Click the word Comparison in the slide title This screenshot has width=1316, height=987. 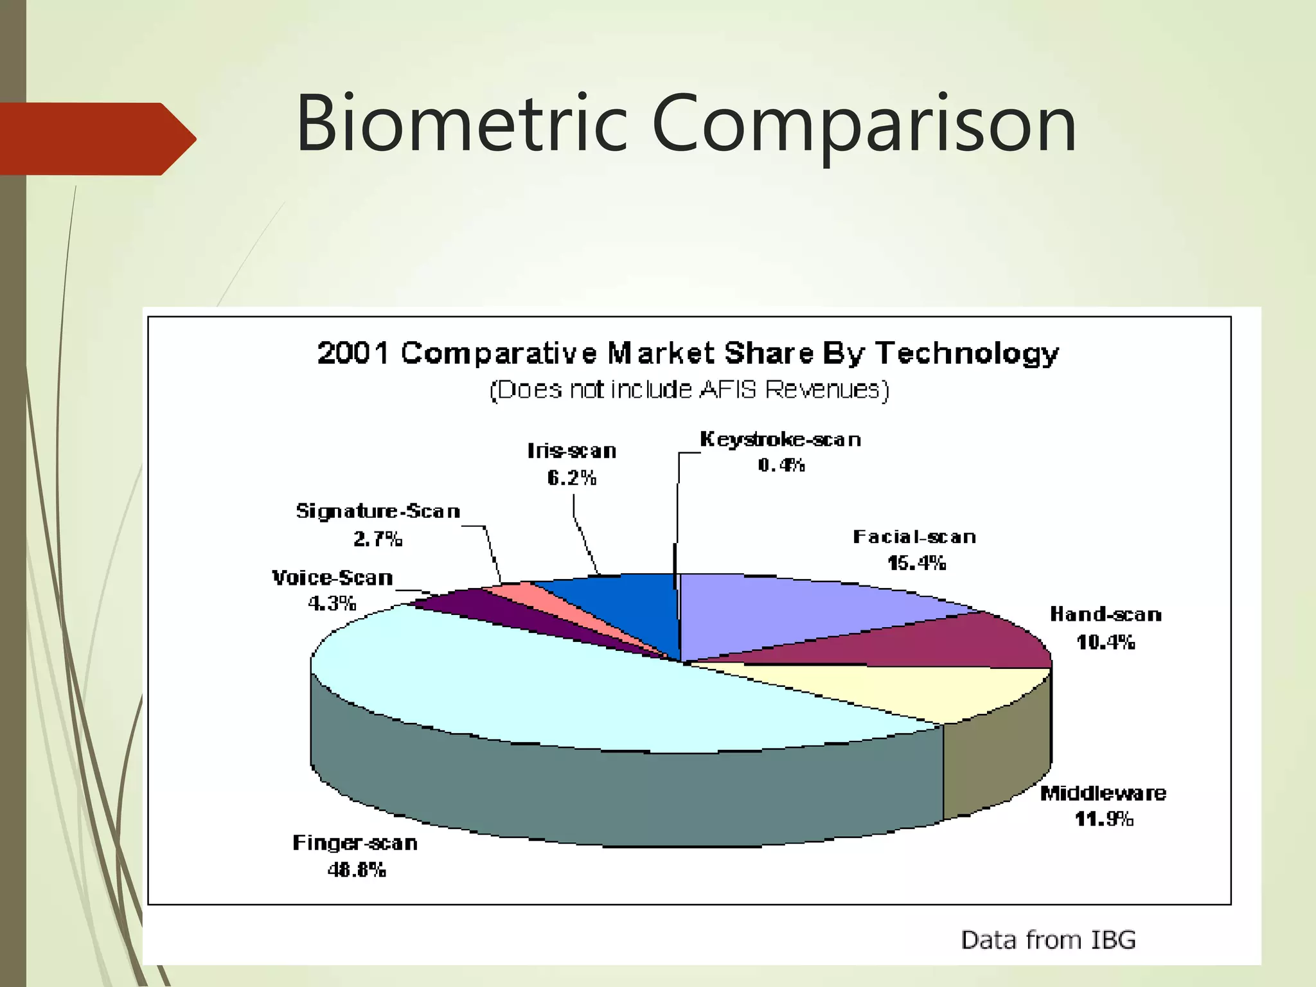864,123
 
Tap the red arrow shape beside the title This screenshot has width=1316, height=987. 96,139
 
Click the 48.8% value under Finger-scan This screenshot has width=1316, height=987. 357,870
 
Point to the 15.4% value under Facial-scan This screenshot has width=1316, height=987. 916,564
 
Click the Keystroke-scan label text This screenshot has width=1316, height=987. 780,440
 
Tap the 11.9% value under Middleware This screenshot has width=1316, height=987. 1104,819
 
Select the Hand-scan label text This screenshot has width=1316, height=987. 1105,615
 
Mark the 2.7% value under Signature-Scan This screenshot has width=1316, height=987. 378,538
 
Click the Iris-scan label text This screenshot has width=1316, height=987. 572,451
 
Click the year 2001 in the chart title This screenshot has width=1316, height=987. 353,353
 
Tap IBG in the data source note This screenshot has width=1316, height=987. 1113,940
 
